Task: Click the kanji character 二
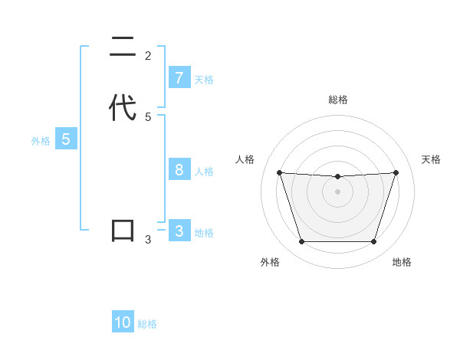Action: coord(123,47)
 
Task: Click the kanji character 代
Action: coord(123,107)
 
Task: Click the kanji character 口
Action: coord(123,231)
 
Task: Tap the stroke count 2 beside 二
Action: coord(148,56)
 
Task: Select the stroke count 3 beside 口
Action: coord(148,240)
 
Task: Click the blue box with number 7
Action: coord(179,78)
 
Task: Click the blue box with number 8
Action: coord(179,170)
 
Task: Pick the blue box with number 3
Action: coord(179,231)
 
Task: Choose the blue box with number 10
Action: coord(123,322)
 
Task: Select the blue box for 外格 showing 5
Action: coord(66,139)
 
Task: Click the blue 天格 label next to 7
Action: coord(204,79)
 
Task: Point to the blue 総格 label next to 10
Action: coord(147,324)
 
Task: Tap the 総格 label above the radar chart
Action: coord(338,100)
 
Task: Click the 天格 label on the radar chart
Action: coord(431,159)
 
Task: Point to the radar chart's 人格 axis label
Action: coord(245,159)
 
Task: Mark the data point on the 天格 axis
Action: coord(396,172)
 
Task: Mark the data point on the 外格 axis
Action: coord(301,242)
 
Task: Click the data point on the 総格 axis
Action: coord(338,177)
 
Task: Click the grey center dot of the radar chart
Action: coord(338,191)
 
